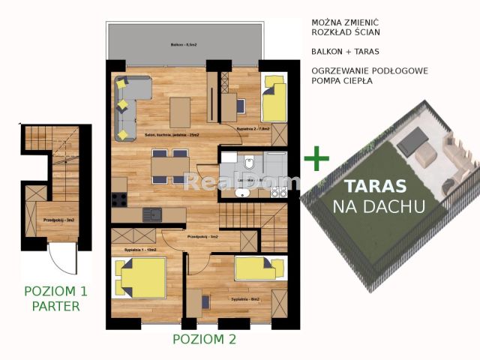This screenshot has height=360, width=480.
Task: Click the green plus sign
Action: pos(316,158)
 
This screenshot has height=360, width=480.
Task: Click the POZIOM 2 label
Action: pos(204,339)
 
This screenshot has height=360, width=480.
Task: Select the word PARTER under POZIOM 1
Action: pos(56,305)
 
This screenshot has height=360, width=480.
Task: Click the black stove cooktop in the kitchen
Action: pos(119,200)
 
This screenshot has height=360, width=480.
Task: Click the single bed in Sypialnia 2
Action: pos(274,103)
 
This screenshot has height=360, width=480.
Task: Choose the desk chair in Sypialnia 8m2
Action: pos(204,301)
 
